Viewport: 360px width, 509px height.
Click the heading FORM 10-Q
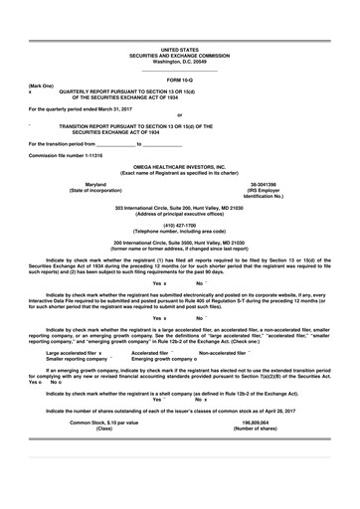tap(179, 79)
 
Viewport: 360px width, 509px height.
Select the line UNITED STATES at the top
tap(179, 48)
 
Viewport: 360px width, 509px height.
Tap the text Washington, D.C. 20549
tap(179, 60)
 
